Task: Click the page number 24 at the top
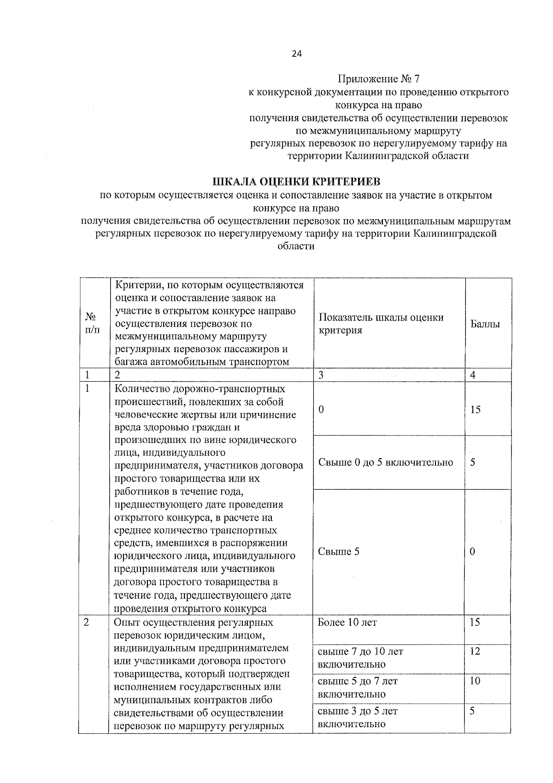tap(296, 54)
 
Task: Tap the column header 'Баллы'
tap(485, 324)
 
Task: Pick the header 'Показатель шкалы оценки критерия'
tap(381, 323)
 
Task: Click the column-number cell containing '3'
tap(321, 375)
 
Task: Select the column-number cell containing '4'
tap(473, 375)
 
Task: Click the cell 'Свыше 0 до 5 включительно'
tap(386, 462)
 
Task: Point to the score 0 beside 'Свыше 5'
tap(473, 551)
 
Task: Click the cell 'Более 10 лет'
tap(347, 622)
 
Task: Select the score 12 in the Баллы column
tap(475, 651)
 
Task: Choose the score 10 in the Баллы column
tap(475, 681)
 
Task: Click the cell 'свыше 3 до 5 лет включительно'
tap(358, 717)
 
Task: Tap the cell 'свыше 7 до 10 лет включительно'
tap(360, 657)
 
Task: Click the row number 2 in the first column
tap(87, 622)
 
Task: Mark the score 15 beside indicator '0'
tap(475, 409)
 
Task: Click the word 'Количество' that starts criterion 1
tap(140, 389)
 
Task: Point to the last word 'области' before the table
tap(296, 246)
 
